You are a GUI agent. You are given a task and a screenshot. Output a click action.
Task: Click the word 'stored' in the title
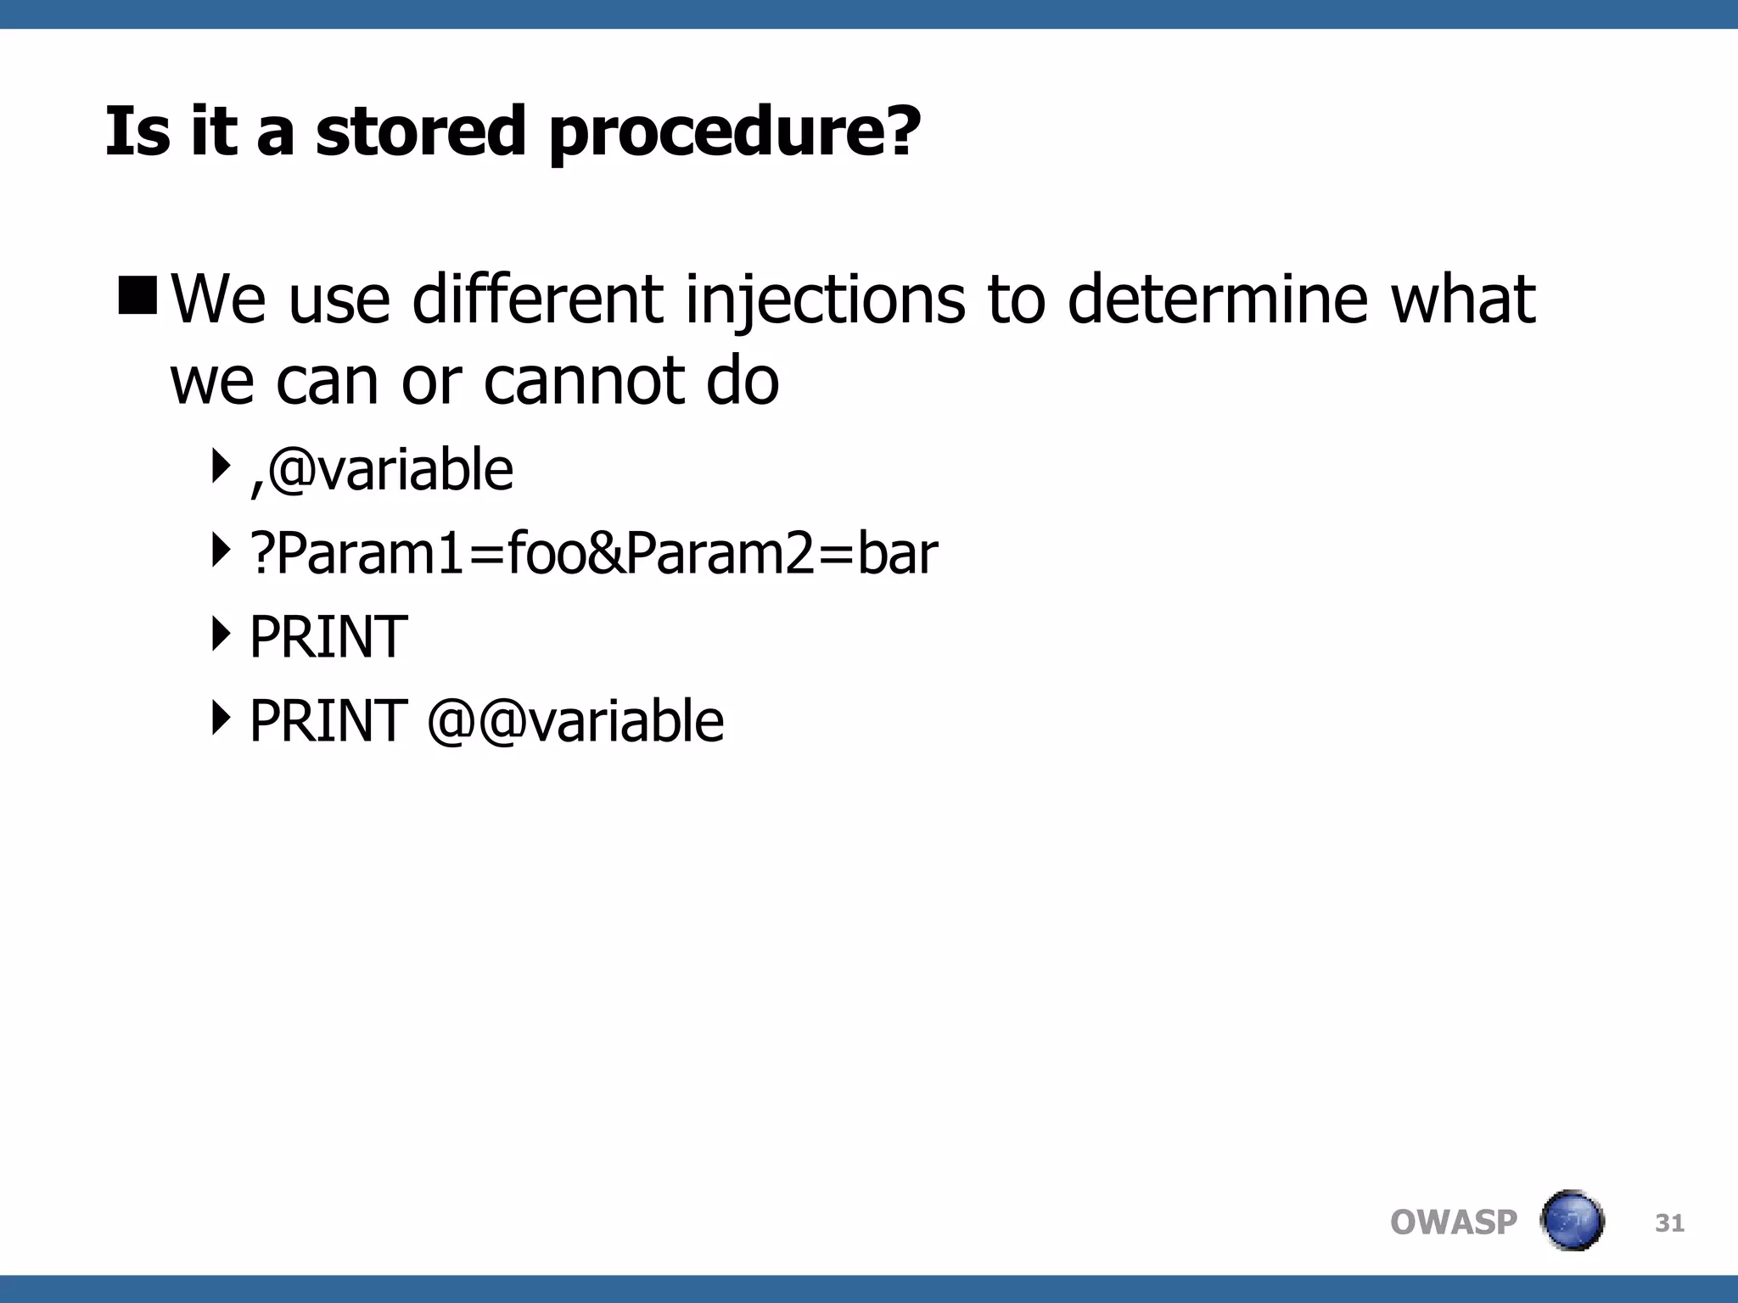[421, 131]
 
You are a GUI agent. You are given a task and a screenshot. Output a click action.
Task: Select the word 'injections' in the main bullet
[825, 300]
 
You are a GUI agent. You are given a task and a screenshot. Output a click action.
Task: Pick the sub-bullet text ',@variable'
[382, 469]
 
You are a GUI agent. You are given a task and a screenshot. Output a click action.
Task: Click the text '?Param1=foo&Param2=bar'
[594, 553]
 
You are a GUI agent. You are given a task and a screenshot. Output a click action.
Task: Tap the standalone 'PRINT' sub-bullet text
[328, 637]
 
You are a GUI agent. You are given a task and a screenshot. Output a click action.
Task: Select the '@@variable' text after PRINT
[575, 721]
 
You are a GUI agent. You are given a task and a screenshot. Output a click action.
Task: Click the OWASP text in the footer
[1453, 1222]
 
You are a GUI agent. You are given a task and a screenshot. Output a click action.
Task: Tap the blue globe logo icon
[1572, 1221]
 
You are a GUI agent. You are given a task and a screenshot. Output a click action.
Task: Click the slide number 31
[1669, 1222]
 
